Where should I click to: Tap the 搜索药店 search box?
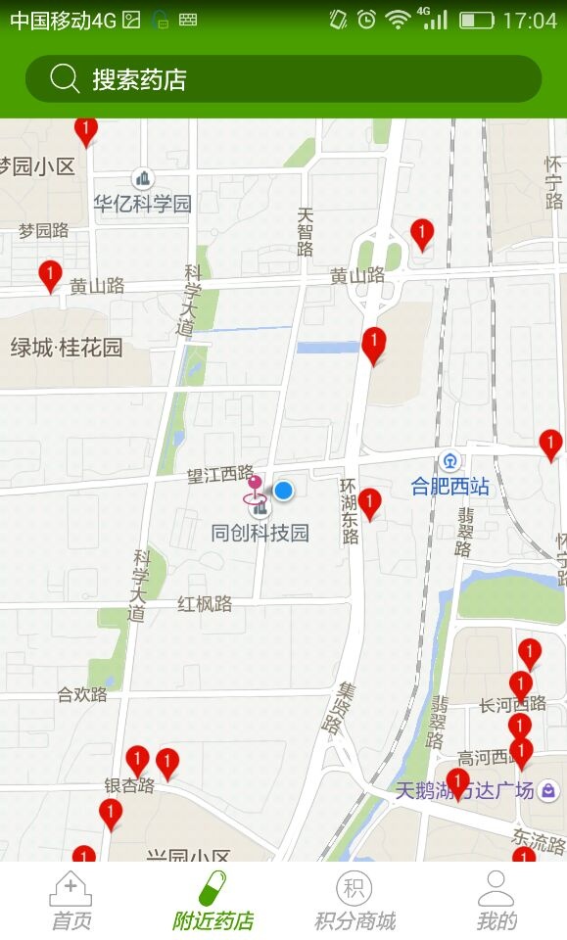point(283,79)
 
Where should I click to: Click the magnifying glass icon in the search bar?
point(65,79)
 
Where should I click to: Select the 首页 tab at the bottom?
point(71,901)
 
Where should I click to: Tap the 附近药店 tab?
point(213,901)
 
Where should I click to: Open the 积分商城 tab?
point(354,901)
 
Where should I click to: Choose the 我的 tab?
point(496,901)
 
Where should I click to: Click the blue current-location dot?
point(283,490)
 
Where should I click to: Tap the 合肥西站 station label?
point(449,486)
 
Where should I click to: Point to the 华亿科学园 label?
point(143,203)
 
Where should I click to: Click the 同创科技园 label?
point(260,533)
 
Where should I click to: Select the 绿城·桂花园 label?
point(67,347)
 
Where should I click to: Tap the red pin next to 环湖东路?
point(369,503)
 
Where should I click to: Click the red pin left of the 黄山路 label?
point(50,275)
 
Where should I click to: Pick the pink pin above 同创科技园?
point(255,484)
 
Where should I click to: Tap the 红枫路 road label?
point(205,603)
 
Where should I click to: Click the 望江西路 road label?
point(220,474)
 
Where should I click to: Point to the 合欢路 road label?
point(82,694)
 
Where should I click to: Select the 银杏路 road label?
point(129,785)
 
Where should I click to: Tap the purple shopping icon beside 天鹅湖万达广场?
point(549,789)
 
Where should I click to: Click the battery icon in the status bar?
point(477,20)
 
